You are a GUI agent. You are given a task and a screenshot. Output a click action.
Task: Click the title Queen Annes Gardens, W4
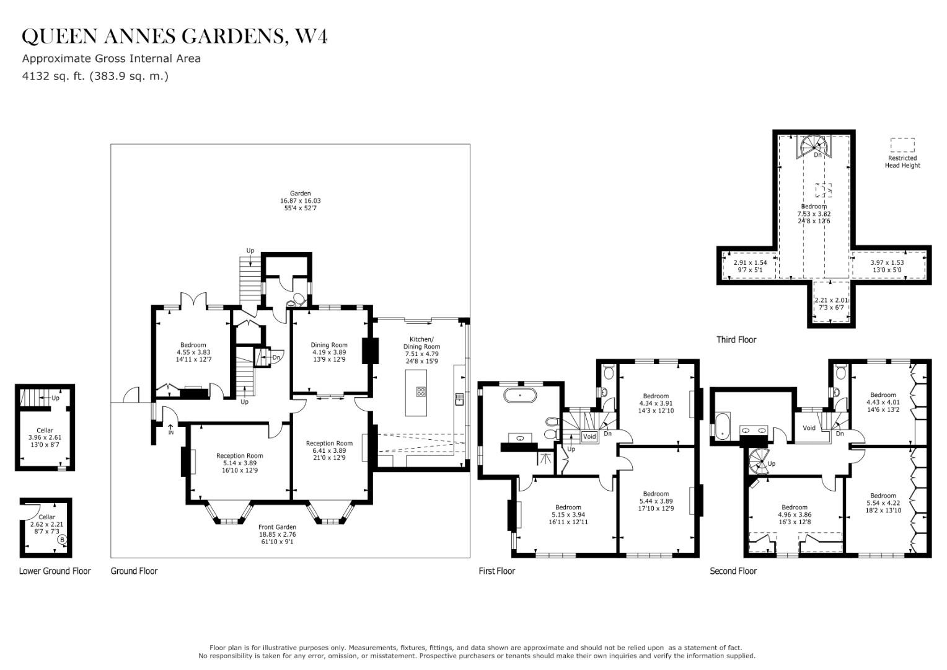click(x=175, y=37)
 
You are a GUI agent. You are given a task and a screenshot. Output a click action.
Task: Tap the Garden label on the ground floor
click(x=301, y=194)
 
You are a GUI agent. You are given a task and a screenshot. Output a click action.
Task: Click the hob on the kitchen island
click(x=421, y=391)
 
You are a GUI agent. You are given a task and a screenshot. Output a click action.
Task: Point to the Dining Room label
click(x=329, y=345)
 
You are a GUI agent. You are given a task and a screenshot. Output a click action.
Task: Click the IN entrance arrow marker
click(x=171, y=428)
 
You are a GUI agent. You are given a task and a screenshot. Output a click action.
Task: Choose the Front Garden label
click(x=277, y=527)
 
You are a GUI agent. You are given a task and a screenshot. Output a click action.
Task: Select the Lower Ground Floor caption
click(x=55, y=571)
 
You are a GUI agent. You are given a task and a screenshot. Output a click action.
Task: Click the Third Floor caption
click(x=736, y=340)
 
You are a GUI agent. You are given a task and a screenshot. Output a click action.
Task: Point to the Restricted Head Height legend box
click(x=902, y=145)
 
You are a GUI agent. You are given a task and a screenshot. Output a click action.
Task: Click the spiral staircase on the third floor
click(x=813, y=146)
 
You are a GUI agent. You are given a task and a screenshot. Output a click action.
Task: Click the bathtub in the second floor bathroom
click(x=723, y=424)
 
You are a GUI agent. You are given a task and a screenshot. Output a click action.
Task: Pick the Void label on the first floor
click(x=589, y=437)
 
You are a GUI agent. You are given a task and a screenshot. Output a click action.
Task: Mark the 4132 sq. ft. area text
click(x=95, y=76)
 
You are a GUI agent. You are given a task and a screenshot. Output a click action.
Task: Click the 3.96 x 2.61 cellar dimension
click(x=45, y=437)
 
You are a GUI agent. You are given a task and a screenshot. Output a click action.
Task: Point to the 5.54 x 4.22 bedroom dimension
click(x=883, y=503)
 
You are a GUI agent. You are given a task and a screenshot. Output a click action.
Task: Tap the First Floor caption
click(x=496, y=571)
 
